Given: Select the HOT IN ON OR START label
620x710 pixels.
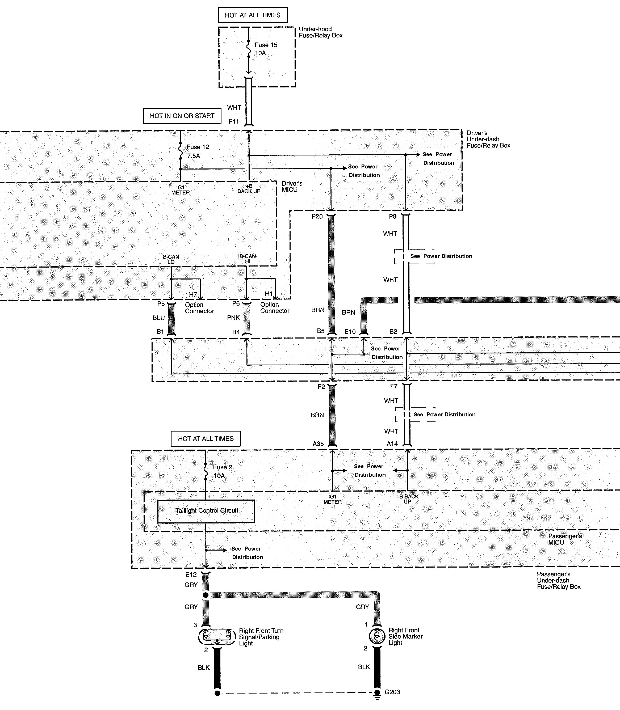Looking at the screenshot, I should [182, 116].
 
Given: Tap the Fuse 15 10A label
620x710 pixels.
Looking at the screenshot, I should [266, 49].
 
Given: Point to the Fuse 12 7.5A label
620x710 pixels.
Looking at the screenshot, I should [198, 151].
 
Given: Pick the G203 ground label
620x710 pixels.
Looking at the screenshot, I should [392, 692].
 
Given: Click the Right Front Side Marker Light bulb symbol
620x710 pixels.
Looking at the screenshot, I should [377, 636].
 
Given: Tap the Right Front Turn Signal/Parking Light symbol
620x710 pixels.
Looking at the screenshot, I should [217, 636].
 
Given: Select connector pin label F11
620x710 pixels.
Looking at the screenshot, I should [233, 122].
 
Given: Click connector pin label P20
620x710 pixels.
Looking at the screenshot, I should [317, 217].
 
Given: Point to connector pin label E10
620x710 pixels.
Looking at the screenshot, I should [350, 332].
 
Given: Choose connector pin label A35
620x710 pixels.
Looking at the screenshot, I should [318, 444].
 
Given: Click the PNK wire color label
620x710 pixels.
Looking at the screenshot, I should [233, 318].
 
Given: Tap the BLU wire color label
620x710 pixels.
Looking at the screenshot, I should [158, 318].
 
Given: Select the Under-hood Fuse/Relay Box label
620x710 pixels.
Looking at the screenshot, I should [320, 32].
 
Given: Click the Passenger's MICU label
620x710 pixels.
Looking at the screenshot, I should [565, 539].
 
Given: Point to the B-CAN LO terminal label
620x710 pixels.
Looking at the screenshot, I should [171, 259].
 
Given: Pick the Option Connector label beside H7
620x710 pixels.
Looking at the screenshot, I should [199, 308].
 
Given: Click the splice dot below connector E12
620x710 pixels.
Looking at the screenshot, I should [206, 595].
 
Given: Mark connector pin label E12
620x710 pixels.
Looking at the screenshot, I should [191, 574].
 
